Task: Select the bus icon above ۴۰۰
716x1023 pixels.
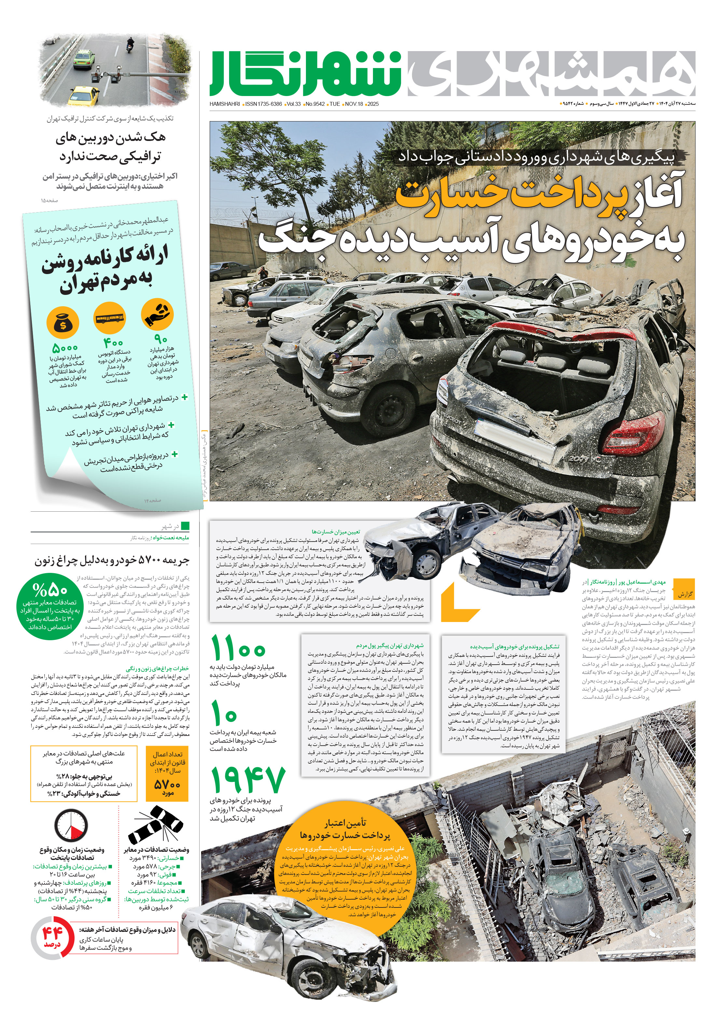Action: coord(110,318)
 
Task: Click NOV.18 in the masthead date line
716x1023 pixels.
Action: coord(354,104)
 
